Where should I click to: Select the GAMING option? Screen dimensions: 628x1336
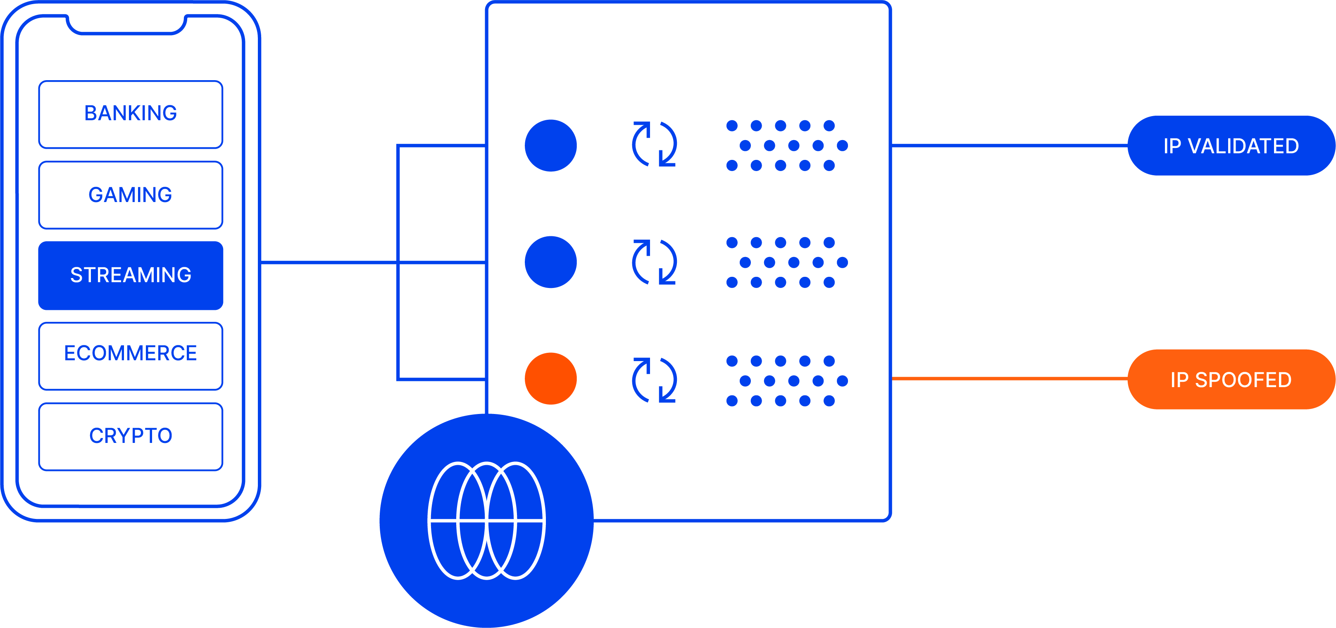point(131,195)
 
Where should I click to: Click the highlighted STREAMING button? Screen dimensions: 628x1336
point(131,275)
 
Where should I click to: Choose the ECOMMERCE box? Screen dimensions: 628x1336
point(131,356)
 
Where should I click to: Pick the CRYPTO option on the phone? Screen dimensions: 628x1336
point(131,437)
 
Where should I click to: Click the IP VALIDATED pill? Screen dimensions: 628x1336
point(1231,146)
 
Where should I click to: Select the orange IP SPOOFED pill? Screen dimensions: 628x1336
point(1231,380)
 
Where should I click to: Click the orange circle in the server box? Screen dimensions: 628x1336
point(551,378)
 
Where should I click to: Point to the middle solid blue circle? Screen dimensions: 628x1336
point(551,262)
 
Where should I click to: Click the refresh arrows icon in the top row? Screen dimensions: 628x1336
point(655,144)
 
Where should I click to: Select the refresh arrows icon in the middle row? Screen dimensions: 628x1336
point(655,262)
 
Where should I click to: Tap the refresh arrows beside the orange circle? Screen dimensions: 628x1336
point(655,380)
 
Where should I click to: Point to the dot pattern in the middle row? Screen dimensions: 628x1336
point(786,262)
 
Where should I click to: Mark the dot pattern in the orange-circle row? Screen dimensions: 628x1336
point(786,381)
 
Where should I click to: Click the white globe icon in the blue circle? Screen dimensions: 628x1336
point(486,520)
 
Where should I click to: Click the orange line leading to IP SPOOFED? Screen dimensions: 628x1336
point(1009,378)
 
